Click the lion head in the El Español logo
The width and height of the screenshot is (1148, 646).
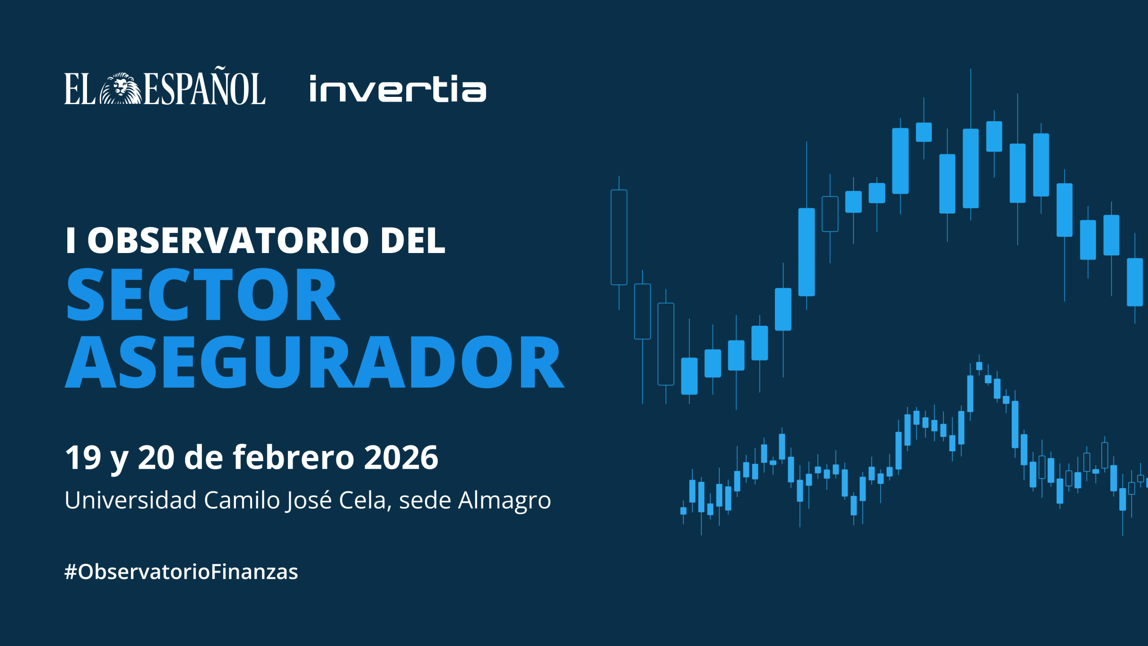(x=120, y=88)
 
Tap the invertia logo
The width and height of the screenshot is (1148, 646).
(x=398, y=89)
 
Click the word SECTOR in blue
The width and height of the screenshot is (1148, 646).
(x=203, y=294)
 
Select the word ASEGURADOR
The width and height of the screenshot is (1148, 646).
(x=314, y=362)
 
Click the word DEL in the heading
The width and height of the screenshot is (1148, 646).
(x=413, y=240)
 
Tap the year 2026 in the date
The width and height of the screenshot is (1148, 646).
(x=401, y=458)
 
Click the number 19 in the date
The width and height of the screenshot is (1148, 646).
(x=83, y=458)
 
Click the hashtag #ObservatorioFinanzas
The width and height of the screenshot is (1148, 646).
(x=181, y=572)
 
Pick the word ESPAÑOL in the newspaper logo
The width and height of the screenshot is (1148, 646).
(x=204, y=88)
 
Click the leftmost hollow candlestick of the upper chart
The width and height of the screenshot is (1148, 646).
(x=619, y=237)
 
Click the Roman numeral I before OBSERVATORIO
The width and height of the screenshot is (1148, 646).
(x=70, y=240)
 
